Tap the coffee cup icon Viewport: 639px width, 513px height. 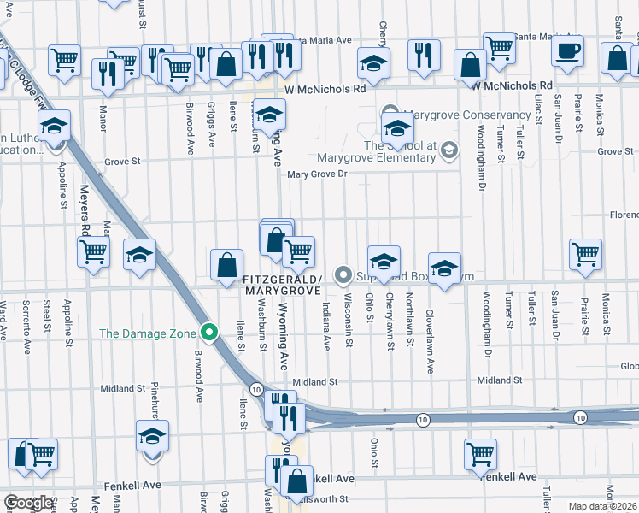pyautogui.click(x=566, y=52)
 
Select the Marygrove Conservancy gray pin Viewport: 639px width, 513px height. pyautogui.click(x=391, y=115)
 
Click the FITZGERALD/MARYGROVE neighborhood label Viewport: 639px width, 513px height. pyautogui.click(x=282, y=286)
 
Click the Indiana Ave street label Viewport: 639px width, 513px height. pyautogui.click(x=326, y=321)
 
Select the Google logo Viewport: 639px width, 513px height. pyautogui.click(x=27, y=503)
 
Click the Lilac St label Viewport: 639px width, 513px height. pyautogui.click(x=538, y=109)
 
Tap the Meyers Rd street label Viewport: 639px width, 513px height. pyautogui.click(x=85, y=211)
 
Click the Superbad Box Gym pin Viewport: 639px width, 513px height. pyautogui.click(x=343, y=274)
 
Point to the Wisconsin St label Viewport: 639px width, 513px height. pyautogui.click(x=348, y=321)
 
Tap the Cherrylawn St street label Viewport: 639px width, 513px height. pyautogui.click(x=390, y=321)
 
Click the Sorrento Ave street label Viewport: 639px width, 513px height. pyautogui.click(x=26, y=316)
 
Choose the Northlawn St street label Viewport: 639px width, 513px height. pyautogui.click(x=410, y=321)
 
